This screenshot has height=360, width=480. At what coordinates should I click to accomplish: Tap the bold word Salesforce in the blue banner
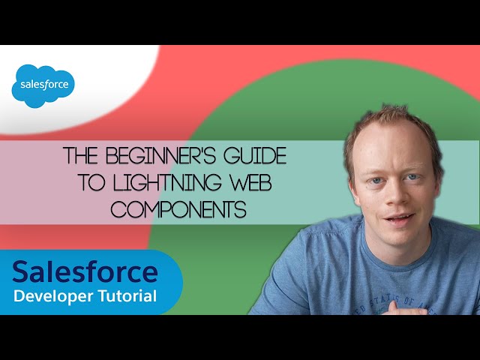[x=85, y=271]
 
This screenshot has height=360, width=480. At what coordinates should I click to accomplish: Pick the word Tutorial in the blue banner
[x=128, y=296]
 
